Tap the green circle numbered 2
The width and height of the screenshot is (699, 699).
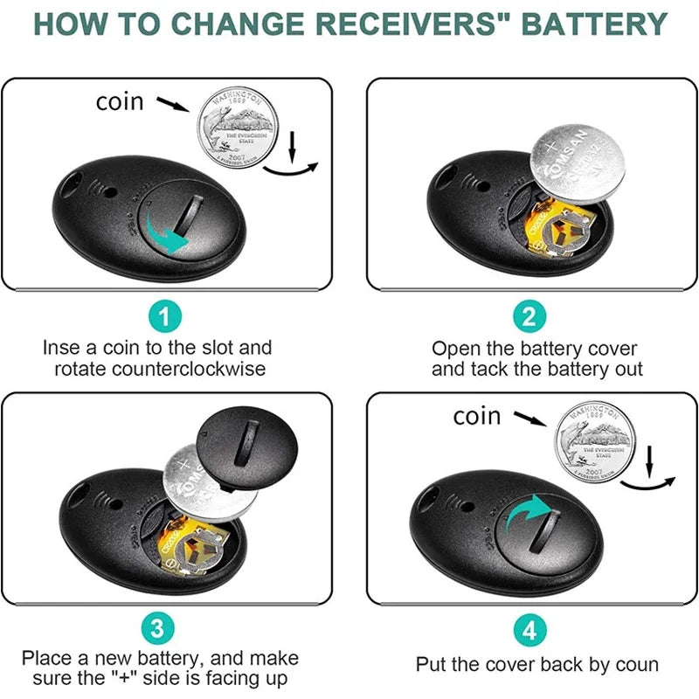(529, 315)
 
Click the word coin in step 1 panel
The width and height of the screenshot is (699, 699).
(120, 102)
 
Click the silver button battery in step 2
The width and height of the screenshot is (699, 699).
(580, 161)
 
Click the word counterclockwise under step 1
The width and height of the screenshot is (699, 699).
(160, 369)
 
